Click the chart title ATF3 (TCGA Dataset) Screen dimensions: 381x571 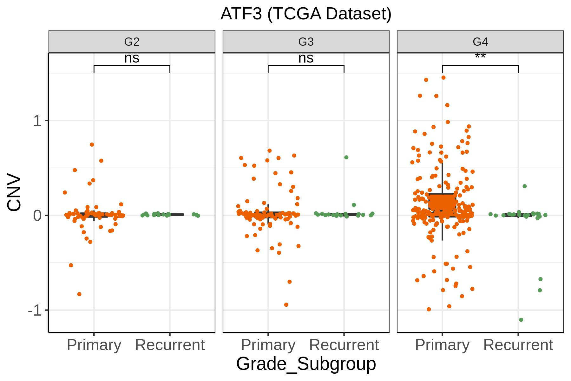tap(306, 14)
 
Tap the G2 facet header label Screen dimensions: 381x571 tap(132, 42)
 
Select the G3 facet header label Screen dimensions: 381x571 tap(306, 42)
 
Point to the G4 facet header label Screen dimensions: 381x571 tap(480, 42)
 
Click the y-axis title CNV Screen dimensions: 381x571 tap(14, 192)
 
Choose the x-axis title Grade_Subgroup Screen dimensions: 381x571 tap(306, 364)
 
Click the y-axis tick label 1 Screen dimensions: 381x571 tap(37, 121)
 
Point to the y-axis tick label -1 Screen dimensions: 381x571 tap(35, 310)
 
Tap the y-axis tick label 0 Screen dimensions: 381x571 tap(37, 216)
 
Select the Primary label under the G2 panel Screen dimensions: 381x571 tap(94, 345)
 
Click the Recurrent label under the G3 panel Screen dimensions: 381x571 tap(344, 345)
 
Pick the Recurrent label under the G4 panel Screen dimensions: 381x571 tap(518, 345)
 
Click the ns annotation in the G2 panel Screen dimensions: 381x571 tap(132, 58)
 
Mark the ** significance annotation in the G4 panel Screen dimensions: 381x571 tap(480, 57)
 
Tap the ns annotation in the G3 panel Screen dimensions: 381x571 tap(306, 58)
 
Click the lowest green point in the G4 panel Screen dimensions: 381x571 tap(521, 320)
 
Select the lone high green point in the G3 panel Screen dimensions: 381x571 tap(346, 157)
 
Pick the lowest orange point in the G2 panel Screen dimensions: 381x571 tap(79, 294)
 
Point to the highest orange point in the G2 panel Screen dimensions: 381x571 tap(92, 144)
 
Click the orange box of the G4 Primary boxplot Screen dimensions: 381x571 tap(442, 203)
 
